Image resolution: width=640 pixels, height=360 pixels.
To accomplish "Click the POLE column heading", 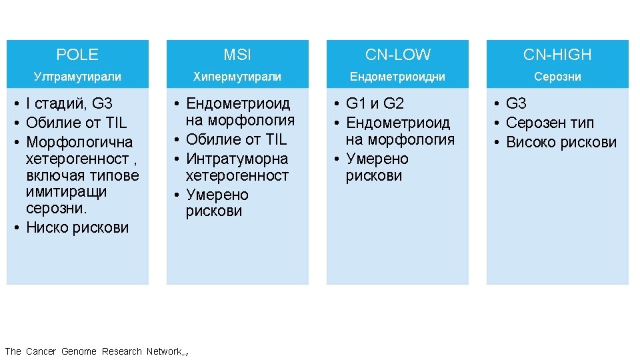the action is (x=77, y=55).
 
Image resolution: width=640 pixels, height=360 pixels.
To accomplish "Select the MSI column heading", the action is (x=237, y=55).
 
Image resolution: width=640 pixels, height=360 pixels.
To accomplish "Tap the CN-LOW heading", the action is (x=397, y=55).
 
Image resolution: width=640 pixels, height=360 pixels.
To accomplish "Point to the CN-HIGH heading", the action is (x=557, y=55).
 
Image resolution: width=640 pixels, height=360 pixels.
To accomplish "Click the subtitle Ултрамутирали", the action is (x=77, y=77).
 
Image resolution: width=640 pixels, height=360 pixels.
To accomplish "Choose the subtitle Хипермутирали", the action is (x=237, y=77).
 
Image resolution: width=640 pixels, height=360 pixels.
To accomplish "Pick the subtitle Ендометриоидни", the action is (x=397, y=77).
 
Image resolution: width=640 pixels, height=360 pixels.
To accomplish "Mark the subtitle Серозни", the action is (x=557, y=77).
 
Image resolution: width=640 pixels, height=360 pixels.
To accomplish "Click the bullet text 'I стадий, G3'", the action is (x=69, y=104).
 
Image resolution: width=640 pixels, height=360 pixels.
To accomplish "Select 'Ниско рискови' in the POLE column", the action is (x=77, y=228).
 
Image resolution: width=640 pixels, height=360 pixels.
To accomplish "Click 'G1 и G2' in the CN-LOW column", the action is (x=375, y=104).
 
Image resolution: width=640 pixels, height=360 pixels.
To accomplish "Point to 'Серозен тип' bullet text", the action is (x=550, y=123).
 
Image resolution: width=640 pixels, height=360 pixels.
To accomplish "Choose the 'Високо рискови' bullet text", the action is (x=561, y=143).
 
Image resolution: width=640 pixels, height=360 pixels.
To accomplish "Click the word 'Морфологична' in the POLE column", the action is (x=79, y=143).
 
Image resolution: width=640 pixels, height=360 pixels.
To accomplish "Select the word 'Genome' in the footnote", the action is (x=79, y=351).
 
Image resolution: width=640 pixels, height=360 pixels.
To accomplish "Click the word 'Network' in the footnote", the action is (x=163, y=351).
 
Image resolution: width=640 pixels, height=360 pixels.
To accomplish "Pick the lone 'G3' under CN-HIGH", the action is (x=516, y=104).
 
